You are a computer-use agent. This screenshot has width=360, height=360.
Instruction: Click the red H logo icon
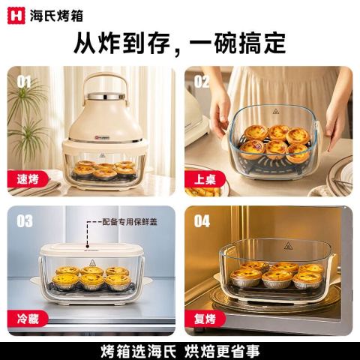point(16,16)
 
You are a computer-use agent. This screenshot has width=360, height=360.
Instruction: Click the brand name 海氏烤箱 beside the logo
point(56,16)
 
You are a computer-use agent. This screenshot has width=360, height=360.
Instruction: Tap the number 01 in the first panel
point(24,82)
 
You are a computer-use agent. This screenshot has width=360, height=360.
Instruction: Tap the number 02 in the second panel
point(202,81)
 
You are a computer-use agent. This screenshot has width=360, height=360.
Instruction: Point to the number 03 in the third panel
point(25,221)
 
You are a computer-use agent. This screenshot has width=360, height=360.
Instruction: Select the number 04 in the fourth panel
point(202,221)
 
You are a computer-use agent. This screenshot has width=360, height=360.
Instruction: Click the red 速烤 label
point(28,179)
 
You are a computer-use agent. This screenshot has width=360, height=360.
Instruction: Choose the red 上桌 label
point(205,179)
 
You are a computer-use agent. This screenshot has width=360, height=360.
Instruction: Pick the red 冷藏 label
point(28,319)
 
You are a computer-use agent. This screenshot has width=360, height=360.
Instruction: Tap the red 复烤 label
point(205,319)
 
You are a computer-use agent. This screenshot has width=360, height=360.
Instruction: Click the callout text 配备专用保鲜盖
point(130,222)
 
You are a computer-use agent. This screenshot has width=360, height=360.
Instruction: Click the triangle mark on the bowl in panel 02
point(275,111)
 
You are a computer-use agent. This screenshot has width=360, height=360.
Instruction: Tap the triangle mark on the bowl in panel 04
point(288,246)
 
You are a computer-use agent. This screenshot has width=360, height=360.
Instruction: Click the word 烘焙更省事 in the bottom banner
point(222,351)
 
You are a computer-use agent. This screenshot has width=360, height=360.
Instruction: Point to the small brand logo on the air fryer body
point(102,137)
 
